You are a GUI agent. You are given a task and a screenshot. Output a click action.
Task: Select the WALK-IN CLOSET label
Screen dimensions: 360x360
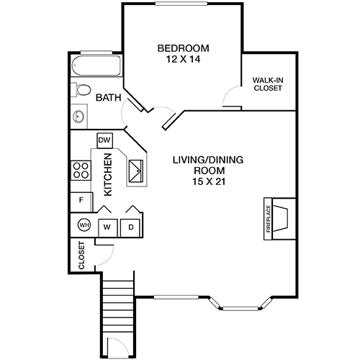coord(267,84)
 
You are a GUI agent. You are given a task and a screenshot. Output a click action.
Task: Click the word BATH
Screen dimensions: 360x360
coord(108,97)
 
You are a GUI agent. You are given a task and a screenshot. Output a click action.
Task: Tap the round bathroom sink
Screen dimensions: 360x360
coord(78,116)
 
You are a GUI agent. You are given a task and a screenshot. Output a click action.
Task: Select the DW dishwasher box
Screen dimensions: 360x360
coord(104,140)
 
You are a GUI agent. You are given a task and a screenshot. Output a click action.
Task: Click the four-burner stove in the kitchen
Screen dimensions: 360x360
coord(80,171)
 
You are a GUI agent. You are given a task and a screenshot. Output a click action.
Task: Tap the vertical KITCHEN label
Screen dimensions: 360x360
coord(108,175)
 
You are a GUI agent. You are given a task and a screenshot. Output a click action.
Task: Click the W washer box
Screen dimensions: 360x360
coord(107,227)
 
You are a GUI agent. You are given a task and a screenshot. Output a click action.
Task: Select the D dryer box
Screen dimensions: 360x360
coord(131,227)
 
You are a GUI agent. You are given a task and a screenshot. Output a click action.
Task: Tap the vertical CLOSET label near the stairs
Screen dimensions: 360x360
coord(81,256)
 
